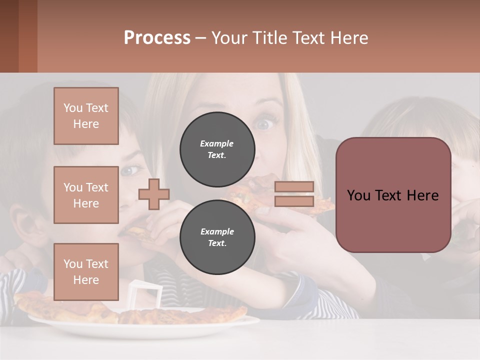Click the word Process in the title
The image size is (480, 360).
(157, 37)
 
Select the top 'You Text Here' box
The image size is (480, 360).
(86, 116)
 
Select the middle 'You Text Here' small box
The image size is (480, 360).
(86, 195)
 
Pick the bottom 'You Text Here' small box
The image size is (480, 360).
(86, 271)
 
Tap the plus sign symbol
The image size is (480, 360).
(154, 194)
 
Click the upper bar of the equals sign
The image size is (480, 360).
(294, 186)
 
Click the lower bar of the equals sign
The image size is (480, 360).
(294, 201)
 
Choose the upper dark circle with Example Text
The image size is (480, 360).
(217, 149)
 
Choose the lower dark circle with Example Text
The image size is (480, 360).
(217, 237)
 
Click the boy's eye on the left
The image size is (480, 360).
(129, 171)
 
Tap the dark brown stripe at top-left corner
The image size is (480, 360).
(9, 36)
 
